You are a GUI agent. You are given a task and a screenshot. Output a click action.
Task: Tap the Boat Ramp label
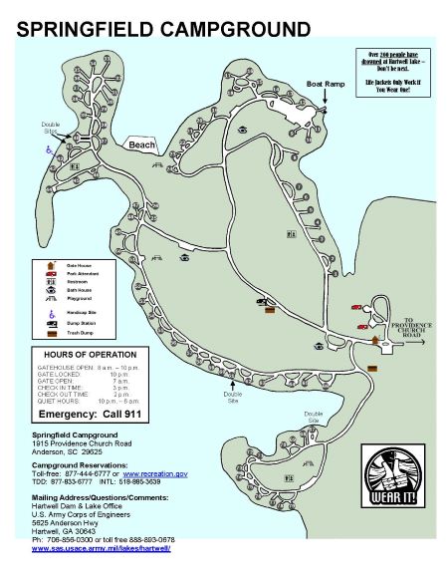click(x=325, y=85)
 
